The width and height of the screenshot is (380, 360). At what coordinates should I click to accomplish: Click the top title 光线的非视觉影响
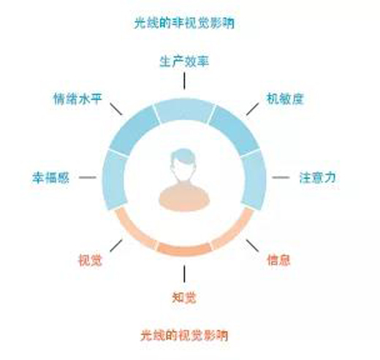point(184,23)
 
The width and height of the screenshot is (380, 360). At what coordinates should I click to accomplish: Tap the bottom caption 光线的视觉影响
point(184,335)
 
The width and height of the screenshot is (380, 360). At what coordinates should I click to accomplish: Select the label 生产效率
point(184,61)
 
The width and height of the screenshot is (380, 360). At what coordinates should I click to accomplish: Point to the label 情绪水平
point(77,99)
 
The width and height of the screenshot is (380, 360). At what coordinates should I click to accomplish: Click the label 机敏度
point(285,99)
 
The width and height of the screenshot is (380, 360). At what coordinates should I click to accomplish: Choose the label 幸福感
point(51,177)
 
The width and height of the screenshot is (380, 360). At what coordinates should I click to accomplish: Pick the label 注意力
point(318,177)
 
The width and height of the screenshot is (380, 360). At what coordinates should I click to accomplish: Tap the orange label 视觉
point(90,260)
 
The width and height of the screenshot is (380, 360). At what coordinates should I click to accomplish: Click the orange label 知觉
point(184,297)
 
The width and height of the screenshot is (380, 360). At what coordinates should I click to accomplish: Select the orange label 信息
point(278,260)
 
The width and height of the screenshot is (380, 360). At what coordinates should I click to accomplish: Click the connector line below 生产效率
point(184,81)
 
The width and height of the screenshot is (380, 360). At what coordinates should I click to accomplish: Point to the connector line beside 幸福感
point(88,177)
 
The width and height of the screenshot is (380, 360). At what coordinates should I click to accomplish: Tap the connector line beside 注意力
point(281,177)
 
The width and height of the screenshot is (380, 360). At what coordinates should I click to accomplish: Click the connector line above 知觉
point(184,274)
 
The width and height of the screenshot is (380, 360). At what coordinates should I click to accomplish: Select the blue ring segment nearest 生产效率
point(184,110)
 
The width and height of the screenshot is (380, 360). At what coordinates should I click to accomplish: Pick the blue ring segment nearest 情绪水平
point(133,130)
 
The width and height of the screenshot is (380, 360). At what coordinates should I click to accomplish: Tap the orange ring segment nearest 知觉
point(184,249)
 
